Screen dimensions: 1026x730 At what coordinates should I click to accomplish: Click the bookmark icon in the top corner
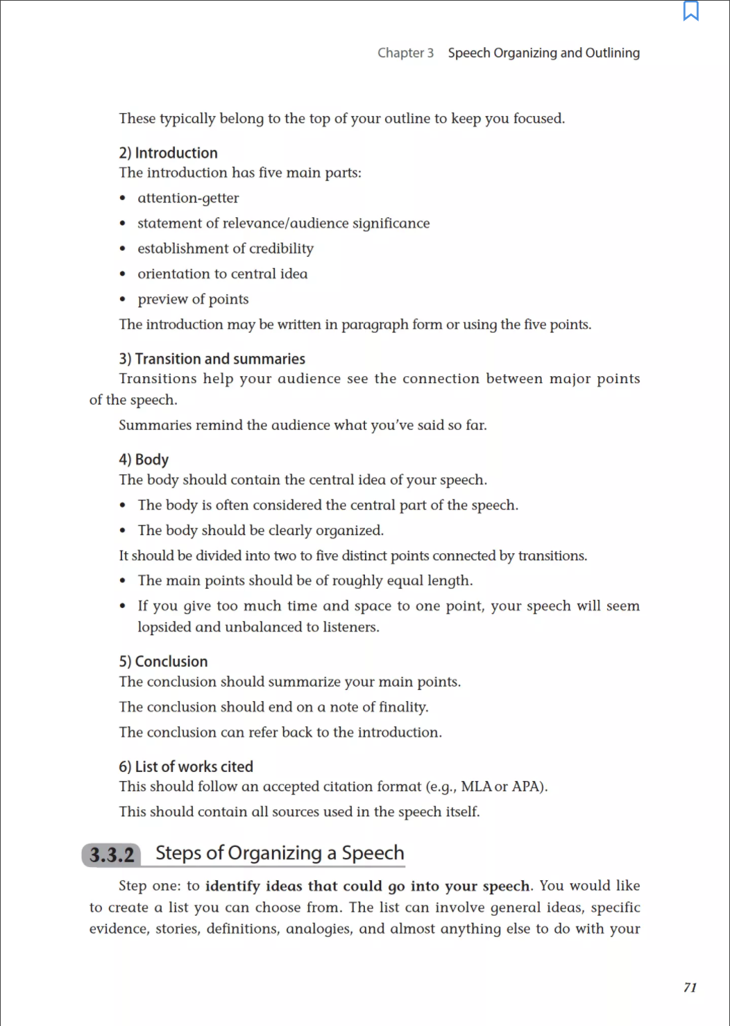pyautogui.click(x=690, y=11)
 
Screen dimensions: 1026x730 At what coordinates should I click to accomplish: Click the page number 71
pyautogui.click(x=690, y=987)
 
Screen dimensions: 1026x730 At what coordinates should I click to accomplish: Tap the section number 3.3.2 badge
pyautogui.click(x=112, y=855)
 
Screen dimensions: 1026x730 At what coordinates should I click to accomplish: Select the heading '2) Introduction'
pyautogui.click(x=168, y=153)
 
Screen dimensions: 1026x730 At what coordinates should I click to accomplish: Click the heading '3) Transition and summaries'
pyautogui.click(x=212, y=359)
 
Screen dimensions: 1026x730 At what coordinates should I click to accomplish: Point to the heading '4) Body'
pyautogui.click(x=144, y=460)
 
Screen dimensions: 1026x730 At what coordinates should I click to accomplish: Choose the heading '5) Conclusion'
pyautogui.click(x=163, y=662)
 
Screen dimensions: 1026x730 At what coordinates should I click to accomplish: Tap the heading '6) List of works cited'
pyautogui.click(x=186, y=766)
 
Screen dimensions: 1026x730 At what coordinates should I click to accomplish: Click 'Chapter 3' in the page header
pyautogui.click(x=405, y=53)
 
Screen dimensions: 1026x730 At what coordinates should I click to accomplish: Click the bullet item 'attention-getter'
pyautogui.click(x=188, y=199)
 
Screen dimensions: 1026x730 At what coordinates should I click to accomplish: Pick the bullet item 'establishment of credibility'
pyautogui.click(x=226, y=249)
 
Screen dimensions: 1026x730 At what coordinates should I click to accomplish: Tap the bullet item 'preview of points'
pyautogui.click(x=193, y=299)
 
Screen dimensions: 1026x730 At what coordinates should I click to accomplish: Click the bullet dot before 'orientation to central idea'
pyautogui.click(x=123, y=274)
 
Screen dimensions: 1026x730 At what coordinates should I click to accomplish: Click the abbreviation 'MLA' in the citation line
pyautogui.click(x=476, y=787)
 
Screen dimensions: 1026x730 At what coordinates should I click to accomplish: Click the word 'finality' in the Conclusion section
pyautogui.click(x=402, y=707)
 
